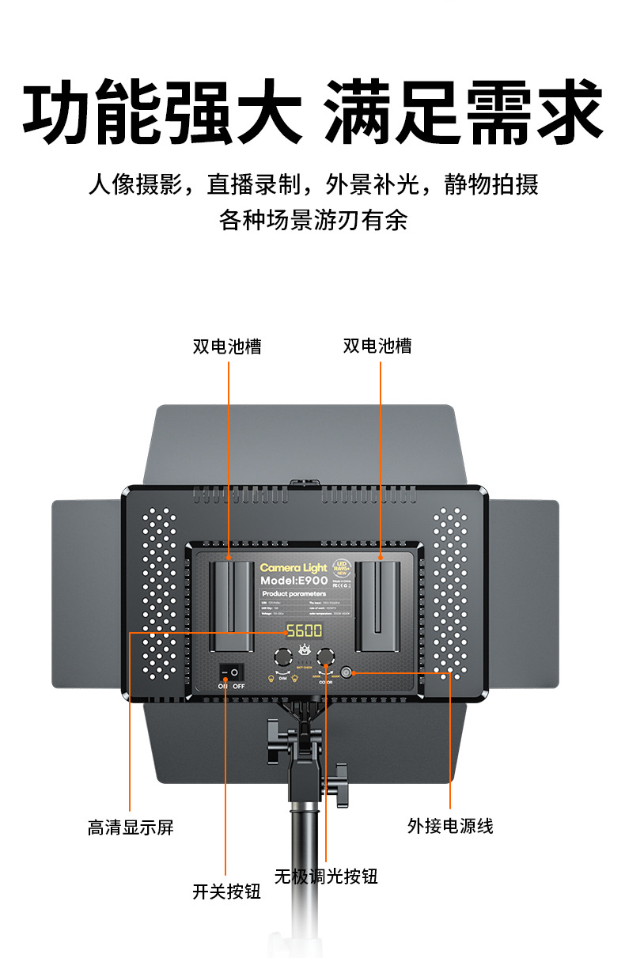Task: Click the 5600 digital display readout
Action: pyautogui.click(x=304, y=630)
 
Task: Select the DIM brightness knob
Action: pyautogui.click(x=282, y=656)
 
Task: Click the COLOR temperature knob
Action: pyautogui.click(x=325, y=655)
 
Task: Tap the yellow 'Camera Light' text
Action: pyautogui.click(x=293, y=568)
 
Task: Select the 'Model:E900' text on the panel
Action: pyautogui.click(x=294, y=581)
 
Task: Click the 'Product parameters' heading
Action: pyautogui.click(x=294, y=593)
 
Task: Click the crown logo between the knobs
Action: pyautogui.click(x=304, y=649)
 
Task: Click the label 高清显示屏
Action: pyautogui.click(x=131, y=827)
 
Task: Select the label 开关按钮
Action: pyautogui.click(x=226, y=892)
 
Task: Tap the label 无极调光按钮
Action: pyautogui.click(x=326, y=877)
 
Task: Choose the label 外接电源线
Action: pyautogui.click(x=450, y=826)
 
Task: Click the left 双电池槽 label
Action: pyautogui.click(x=227, y=346)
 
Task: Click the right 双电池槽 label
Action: pyautogui.click(x=377, y=346)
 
